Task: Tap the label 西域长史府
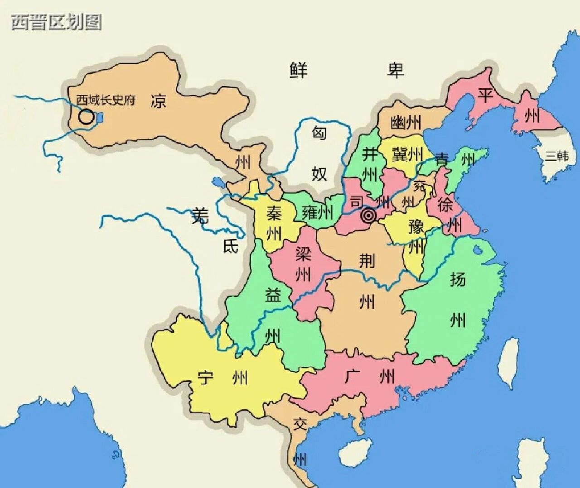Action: (106, 100)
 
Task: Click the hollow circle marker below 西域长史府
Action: (86, 117)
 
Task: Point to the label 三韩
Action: (556, 156)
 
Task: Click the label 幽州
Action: (406, 122)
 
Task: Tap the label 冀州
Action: (407, 154)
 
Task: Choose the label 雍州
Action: (317, 212)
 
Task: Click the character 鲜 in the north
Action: (299, 70)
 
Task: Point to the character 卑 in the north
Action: (395, 70)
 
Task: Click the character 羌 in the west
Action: (200, 216)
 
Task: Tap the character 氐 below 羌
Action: (230, 246)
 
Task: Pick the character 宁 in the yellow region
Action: (205, 377)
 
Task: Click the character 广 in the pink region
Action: (353, 376)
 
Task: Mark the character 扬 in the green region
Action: (458, 279)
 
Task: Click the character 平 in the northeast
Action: (485, 96)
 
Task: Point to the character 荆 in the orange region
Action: (367, 260)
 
